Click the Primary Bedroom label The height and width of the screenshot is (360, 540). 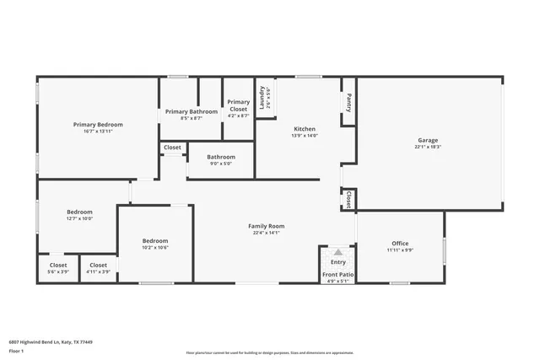click(98, 124)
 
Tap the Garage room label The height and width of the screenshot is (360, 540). click(428, 140)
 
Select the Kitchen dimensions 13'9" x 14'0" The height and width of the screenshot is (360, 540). click(304, 136)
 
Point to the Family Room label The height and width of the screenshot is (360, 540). click(266, 225)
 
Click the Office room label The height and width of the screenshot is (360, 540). click(399, 244)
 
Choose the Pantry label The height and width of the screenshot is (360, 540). click(348, 102)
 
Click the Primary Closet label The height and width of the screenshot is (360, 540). click(239, 105)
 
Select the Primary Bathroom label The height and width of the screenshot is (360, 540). click(192, 111)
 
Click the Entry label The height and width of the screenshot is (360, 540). click(337, 262)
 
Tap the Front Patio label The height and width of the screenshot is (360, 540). click(337, 275)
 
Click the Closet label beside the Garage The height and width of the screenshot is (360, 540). click(348, 199)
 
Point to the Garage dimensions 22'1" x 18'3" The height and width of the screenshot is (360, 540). click(428, 147)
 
